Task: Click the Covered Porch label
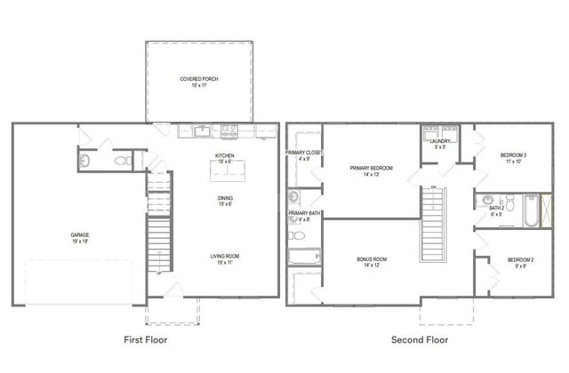tap(199, 79)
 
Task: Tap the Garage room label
tap(80, 235)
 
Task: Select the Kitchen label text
tap(224, 156)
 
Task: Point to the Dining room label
tap(225, 198)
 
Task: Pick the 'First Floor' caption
tap(144, 339)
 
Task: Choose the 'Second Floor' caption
tap(420, 339)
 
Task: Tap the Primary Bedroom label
tap(371, 168)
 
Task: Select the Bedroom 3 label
tap(513, 156)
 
